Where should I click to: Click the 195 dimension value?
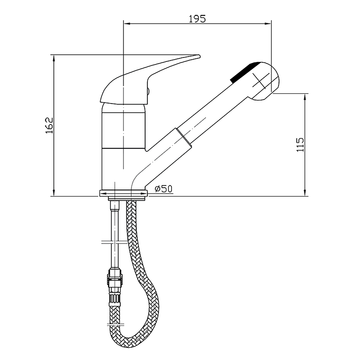197,19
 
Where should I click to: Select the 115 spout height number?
300,145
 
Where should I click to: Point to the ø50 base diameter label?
163,189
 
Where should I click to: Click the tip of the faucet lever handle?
199,56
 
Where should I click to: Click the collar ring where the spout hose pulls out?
184,137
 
